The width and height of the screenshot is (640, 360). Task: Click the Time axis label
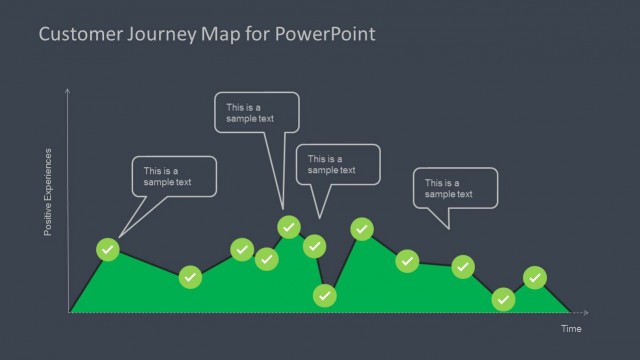[569, 328]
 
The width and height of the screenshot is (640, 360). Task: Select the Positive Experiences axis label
[47, 193]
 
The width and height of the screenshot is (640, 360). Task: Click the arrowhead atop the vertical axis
[67, 91]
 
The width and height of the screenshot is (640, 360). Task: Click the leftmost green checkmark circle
[109, 249]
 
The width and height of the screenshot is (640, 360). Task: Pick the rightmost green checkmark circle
[535, 276]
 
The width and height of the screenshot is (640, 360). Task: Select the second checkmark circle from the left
[190, 276]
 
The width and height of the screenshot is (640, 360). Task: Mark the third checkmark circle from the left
[242, 249]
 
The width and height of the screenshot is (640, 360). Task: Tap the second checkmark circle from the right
[504, 299]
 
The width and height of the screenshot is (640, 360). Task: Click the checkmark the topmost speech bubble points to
[289, 226]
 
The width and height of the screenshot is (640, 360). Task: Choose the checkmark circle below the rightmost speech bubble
[462, 266]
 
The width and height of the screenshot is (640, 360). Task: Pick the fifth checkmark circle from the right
[362, 229]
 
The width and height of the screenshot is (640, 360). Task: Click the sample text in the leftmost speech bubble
[167, 177]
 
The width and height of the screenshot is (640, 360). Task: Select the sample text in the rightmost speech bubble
[448, 188]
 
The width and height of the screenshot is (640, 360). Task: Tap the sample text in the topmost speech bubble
[250, 113]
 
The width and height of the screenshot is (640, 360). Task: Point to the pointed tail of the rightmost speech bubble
[450, 228]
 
